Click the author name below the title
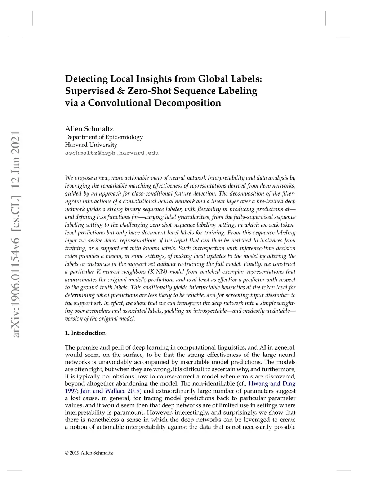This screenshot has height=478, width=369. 89,129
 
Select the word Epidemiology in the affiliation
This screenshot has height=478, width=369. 124,137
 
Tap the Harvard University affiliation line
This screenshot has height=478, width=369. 91,145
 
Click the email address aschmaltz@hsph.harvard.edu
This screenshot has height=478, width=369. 112,153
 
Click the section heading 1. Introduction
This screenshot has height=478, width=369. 85,333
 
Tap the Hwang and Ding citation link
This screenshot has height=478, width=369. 272,383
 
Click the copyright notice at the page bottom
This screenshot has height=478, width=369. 89,453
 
